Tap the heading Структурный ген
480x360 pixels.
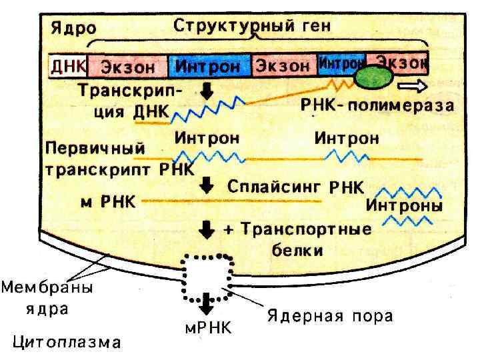[x=253, y=27]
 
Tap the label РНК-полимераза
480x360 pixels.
[x=377, y=105]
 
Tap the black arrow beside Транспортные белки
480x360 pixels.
[x=207, y=230]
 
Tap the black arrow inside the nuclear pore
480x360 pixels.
[x=207, y=300]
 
